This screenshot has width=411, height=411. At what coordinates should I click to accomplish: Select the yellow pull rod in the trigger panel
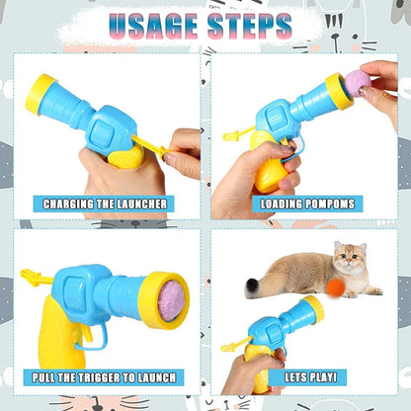click(33, 276)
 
